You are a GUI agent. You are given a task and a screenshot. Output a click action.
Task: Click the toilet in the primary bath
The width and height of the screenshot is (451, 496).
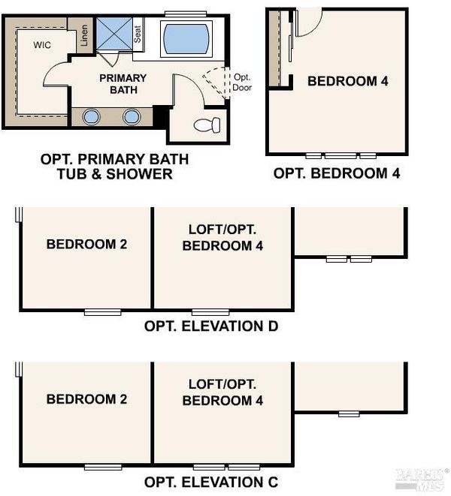click(207, 125)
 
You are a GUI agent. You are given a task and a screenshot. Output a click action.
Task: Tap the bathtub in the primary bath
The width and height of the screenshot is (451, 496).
click(186, 38)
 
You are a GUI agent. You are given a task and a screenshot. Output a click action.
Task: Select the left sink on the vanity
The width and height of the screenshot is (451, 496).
click(91, 117)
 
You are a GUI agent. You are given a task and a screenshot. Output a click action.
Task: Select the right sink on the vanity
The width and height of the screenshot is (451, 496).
click(132, 117)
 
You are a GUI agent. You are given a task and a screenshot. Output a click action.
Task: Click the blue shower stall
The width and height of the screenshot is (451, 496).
click(114, 34)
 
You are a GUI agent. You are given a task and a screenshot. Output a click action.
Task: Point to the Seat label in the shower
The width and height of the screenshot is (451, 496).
click(138, 35)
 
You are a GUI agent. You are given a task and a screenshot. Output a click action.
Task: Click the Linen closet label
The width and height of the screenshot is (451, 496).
click(84, 35)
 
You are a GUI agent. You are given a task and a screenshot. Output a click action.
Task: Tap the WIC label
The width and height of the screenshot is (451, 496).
click(42, 45)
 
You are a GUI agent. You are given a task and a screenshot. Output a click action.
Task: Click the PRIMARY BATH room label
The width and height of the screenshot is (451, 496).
click(123, 84)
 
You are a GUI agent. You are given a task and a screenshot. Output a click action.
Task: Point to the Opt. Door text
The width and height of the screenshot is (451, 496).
click(242, 83)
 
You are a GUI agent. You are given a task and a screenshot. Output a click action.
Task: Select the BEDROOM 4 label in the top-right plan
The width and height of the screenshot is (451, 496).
click(348, 81)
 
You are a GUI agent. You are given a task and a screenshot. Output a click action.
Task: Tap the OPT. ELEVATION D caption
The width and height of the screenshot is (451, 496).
click(211, 326)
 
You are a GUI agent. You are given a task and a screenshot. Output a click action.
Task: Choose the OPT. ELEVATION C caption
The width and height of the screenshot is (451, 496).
click(211, 482)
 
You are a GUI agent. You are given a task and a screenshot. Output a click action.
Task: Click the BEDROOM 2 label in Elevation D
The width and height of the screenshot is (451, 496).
click(87, 244)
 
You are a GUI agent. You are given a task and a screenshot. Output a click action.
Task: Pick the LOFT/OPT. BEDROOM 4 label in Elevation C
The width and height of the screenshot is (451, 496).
click(222, 392)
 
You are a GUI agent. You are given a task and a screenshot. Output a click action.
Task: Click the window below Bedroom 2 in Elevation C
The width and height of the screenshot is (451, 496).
click(103, 467)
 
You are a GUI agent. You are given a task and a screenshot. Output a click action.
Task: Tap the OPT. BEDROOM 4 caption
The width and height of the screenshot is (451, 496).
click(337, 173)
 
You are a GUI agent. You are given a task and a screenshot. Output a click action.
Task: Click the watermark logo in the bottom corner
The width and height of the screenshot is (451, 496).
click(422, 479)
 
